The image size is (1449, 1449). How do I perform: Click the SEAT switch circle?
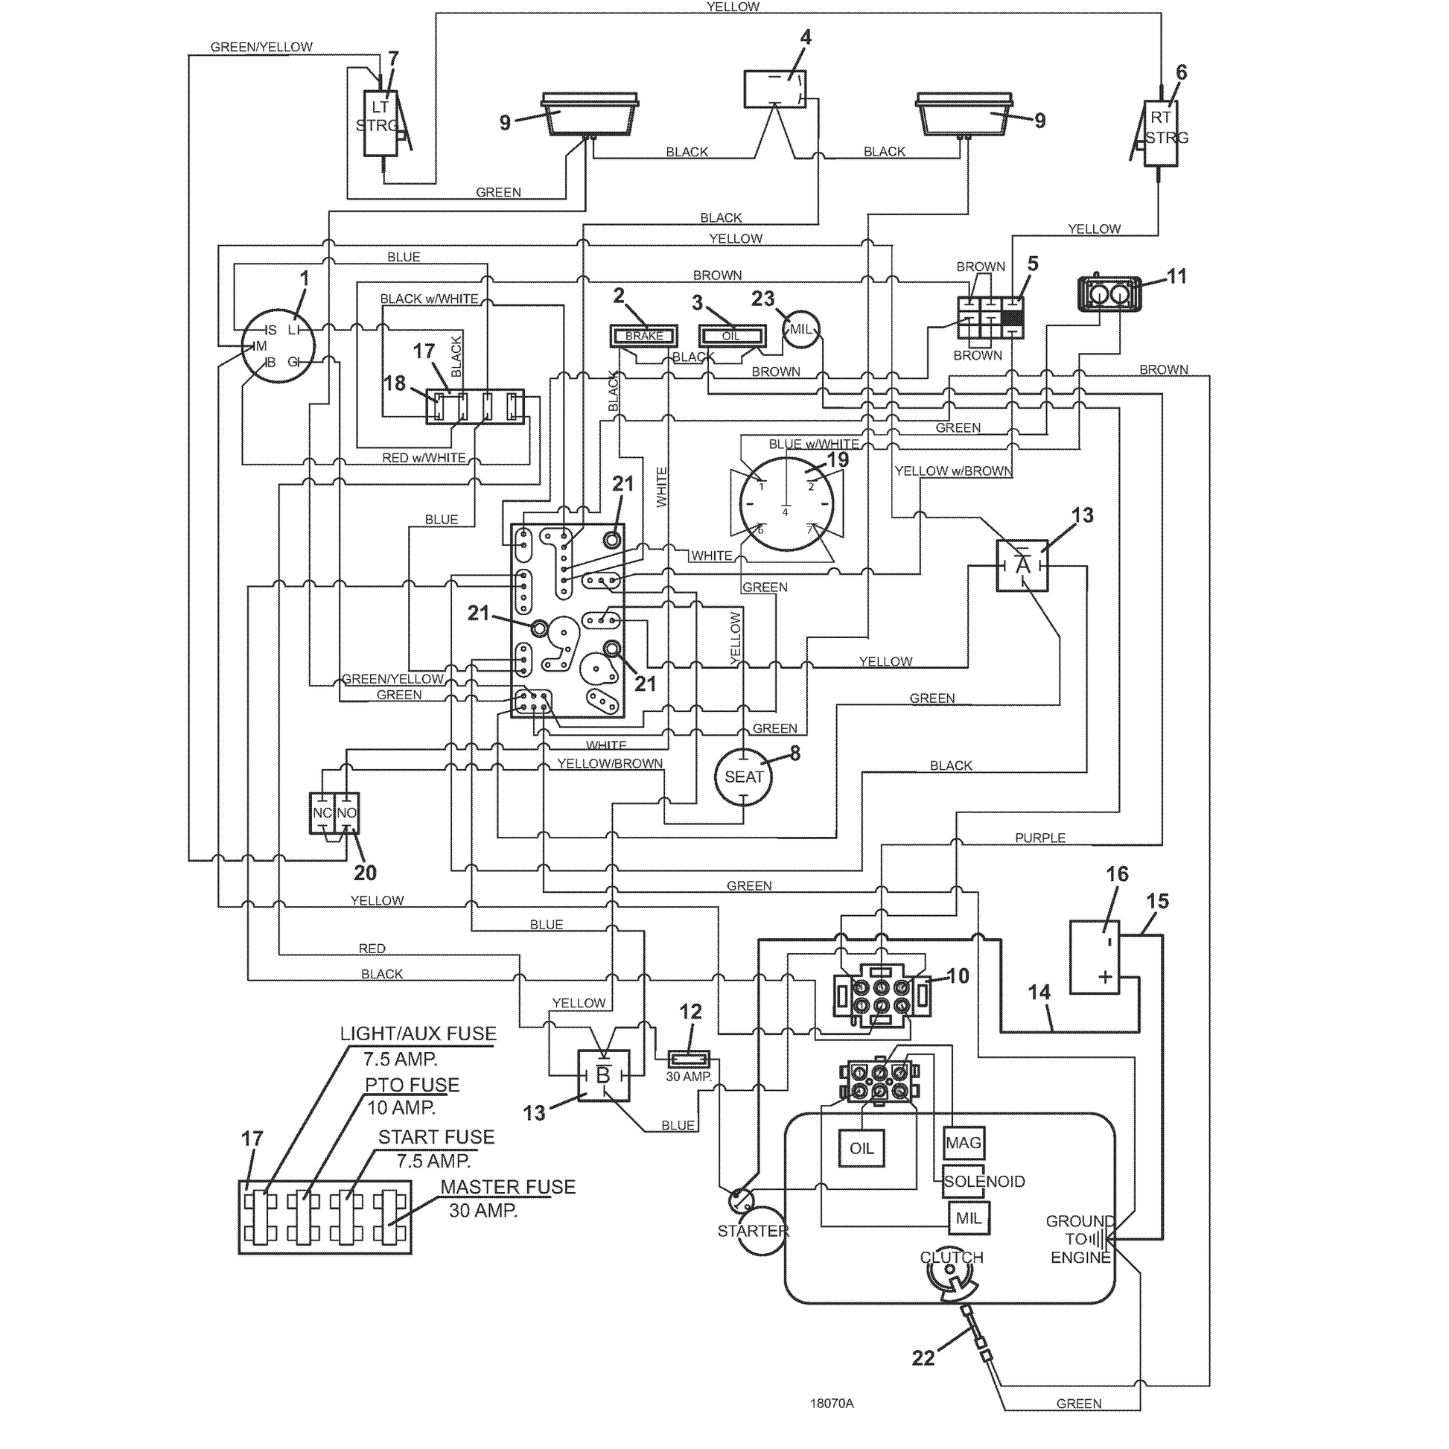click(x=743, y=777)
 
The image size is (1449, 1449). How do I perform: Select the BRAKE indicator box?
click(x=644, y=335)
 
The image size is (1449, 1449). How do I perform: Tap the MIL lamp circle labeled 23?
click(x=801, y=329)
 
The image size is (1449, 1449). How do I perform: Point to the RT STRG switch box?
click(x=1160, y=133)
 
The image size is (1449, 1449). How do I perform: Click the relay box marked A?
click(x=1022, y=565)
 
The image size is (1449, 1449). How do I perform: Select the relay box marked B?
click(x=603, y=1075)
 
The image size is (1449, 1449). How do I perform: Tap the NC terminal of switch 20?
click(x=322, y=813)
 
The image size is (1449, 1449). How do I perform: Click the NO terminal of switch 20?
click(x=346, y=813)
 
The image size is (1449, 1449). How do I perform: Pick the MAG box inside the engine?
click(x=963, y=1143)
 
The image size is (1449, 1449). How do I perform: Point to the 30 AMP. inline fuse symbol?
click(x=689, y=1058)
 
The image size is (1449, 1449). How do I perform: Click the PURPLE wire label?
click(x=1039, y=838)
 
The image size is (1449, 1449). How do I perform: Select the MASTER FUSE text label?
click(x=508, y=1187)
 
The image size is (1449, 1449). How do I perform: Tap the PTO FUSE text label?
click(x=412, y=1085)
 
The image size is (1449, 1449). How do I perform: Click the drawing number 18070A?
click(x=832, y=1404)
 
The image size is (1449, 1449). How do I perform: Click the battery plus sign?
click(x=1105, y=976)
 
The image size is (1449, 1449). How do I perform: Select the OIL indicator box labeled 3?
click(x=732, y=335)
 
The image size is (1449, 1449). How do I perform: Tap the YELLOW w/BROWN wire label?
click(x=953, y=471)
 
